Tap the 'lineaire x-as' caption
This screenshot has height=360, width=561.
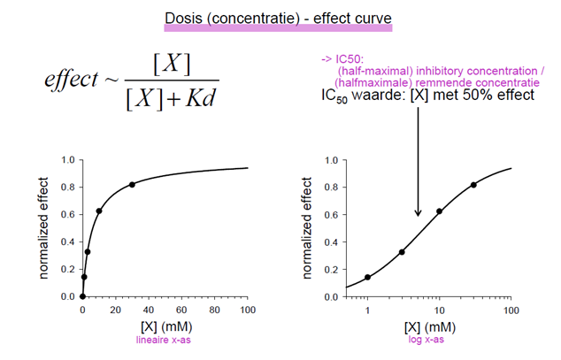165,338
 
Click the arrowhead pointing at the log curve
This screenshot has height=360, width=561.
418,213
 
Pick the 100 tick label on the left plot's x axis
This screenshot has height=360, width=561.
249,310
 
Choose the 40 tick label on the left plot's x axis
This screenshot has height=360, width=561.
149,310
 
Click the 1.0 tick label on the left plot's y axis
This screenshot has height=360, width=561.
67,161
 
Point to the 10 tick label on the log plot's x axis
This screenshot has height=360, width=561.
439,310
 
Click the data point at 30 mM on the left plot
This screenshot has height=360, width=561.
132,184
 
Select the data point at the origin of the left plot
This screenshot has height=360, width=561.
82,296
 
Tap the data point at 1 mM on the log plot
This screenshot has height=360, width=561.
367,277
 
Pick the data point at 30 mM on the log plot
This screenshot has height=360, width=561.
473,184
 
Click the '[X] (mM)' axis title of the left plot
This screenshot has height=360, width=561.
165,326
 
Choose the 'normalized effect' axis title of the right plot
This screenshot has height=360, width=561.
308,228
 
